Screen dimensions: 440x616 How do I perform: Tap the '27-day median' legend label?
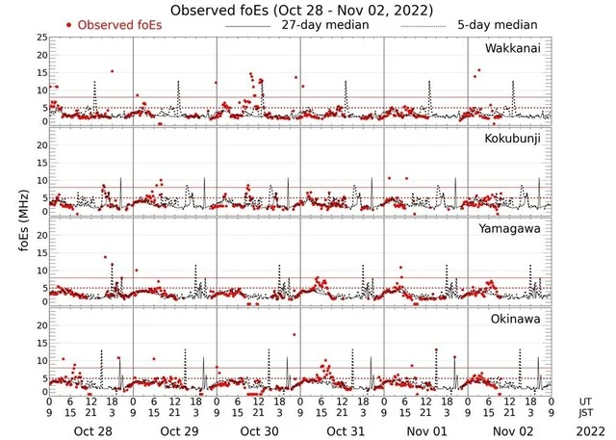[x=319, y=24]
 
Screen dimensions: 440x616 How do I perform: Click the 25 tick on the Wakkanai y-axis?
[x=41, y=37]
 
